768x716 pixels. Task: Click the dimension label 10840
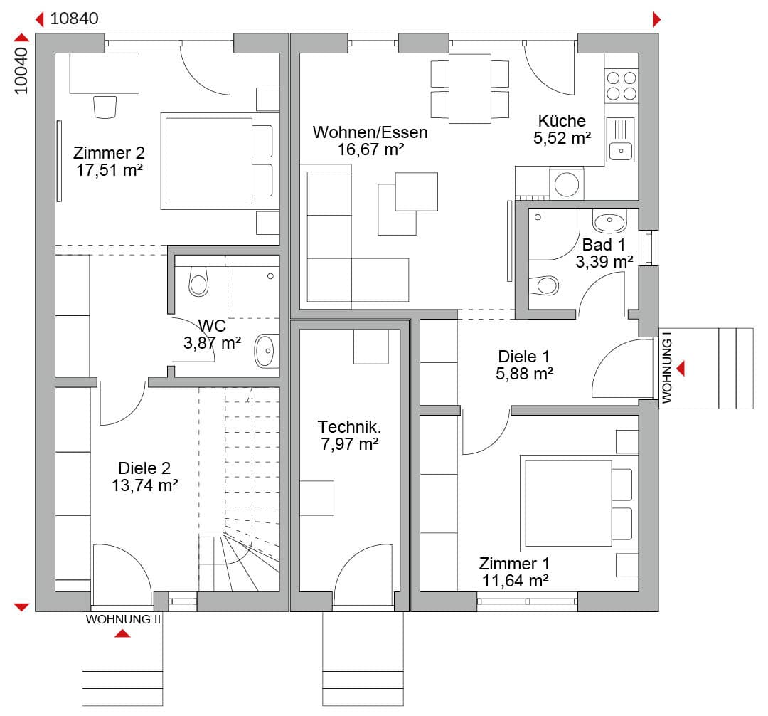[75, 19]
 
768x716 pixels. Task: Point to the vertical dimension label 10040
[21, 70]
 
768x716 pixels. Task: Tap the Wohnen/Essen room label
[370, 132]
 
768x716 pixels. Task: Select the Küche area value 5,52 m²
[562, 138]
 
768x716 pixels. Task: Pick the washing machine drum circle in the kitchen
[567, 185]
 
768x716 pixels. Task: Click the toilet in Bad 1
[544, 285]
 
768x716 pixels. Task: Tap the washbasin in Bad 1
[609, 221]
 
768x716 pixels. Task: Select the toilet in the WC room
[198, 282]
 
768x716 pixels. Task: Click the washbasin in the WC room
[265, 350]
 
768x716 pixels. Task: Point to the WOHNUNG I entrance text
[666, 368]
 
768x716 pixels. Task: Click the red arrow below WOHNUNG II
[122, 633]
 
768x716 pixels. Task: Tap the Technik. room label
[349, 427]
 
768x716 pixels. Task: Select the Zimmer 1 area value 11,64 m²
[516, 581]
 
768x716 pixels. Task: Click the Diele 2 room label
[144, 468]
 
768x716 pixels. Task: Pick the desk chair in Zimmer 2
[105, 107]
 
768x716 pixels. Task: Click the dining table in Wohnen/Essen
[470, 88]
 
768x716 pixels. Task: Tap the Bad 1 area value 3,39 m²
[604, 262]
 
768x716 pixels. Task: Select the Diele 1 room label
[523, 357]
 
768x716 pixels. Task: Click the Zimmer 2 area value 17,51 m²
[110, 171]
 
